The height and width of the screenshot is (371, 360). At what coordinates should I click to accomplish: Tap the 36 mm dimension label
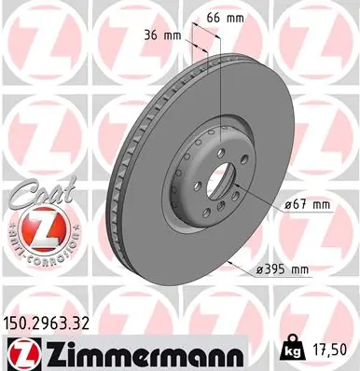tap(163, 36)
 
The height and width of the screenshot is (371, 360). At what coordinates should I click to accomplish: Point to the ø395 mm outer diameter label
tap(282, 270)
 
